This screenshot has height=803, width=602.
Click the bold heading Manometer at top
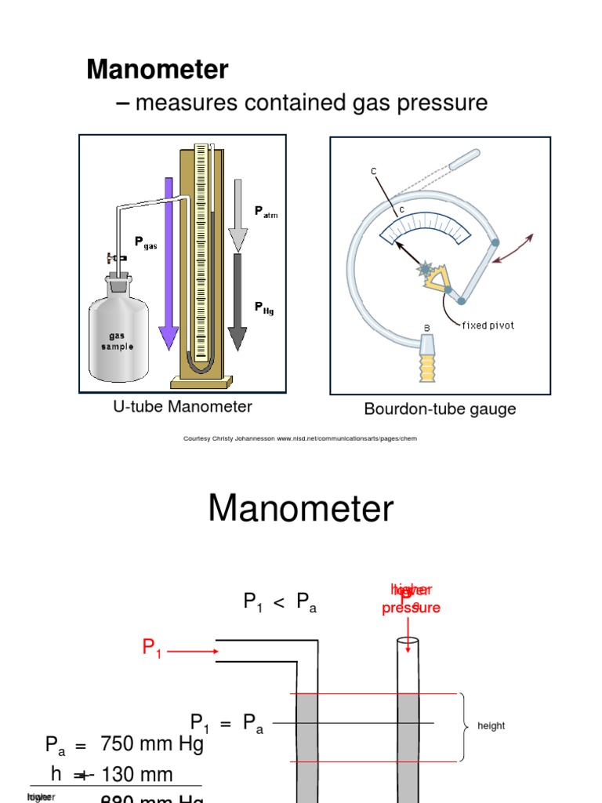click(157, 70)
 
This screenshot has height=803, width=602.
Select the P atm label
click(266, 212)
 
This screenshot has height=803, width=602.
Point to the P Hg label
click(264, 308)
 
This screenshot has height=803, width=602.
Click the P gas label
click(146, 243)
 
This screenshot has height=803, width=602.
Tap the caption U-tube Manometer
click(183, 406)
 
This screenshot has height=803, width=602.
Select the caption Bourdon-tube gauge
click(440, 409)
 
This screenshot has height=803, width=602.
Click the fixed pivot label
click(488, 325)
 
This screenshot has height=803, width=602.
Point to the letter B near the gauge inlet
click(427, 328)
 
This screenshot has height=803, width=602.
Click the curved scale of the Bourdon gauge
click(424, 227)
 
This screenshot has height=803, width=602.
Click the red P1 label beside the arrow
click(151, 649)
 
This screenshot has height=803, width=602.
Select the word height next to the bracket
click(491, 726)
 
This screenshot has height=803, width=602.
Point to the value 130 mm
click(136, 775)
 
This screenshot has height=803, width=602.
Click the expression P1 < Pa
click(280, 603)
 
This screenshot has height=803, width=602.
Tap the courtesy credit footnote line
click(300, 438)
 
